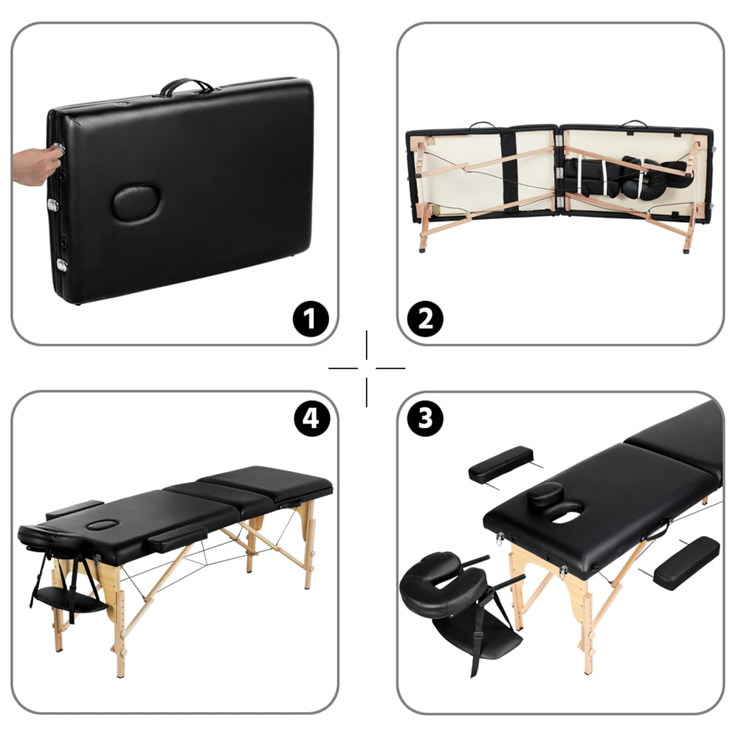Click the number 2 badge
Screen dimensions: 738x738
pyautogui.click(x=426, y=320)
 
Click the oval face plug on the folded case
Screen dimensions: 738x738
pyautogui.click(x=136, y=201)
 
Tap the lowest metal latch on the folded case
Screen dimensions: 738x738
pyautogui.click(x=62, y=265)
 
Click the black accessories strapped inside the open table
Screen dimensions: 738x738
pyautogui.click(x=627, y=177)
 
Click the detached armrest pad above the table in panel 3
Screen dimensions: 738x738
pyautogui.click(x=501, y=464)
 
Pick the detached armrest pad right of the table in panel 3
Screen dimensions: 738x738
pyautogui.click(x=686, y=562)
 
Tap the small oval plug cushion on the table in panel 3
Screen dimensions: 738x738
pyautogui.click(x=547, y=494)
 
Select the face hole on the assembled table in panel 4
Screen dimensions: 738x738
pyautogui.click(x=103, y=525)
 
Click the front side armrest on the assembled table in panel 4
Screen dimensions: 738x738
pyautogui.click(x=177, y=537)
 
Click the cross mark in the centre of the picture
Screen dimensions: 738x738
pyautogui.click(x=367, y=368)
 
